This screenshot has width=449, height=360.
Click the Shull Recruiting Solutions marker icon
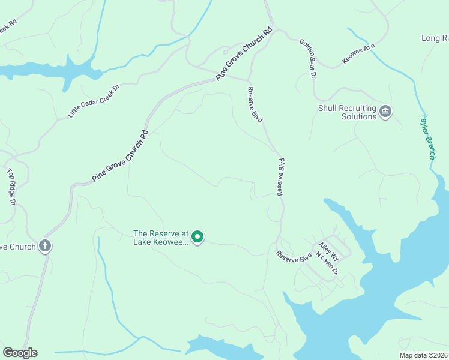pos(385,110)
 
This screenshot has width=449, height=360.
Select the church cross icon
pos(45,245)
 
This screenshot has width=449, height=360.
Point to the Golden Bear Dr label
pos(308,59)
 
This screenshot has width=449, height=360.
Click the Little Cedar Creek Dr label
pos(94,100)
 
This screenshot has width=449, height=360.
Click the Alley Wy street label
pos(329,251)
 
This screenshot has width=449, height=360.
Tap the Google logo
pos(20,353)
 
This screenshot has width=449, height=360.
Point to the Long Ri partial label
pos(435,38)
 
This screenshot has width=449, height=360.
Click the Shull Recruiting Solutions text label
pos(347,112)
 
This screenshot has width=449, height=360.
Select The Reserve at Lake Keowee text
pos(161,238)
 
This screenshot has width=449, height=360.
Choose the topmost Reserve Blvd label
pos(255,104)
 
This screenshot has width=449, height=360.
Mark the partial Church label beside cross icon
pos(18,246)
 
